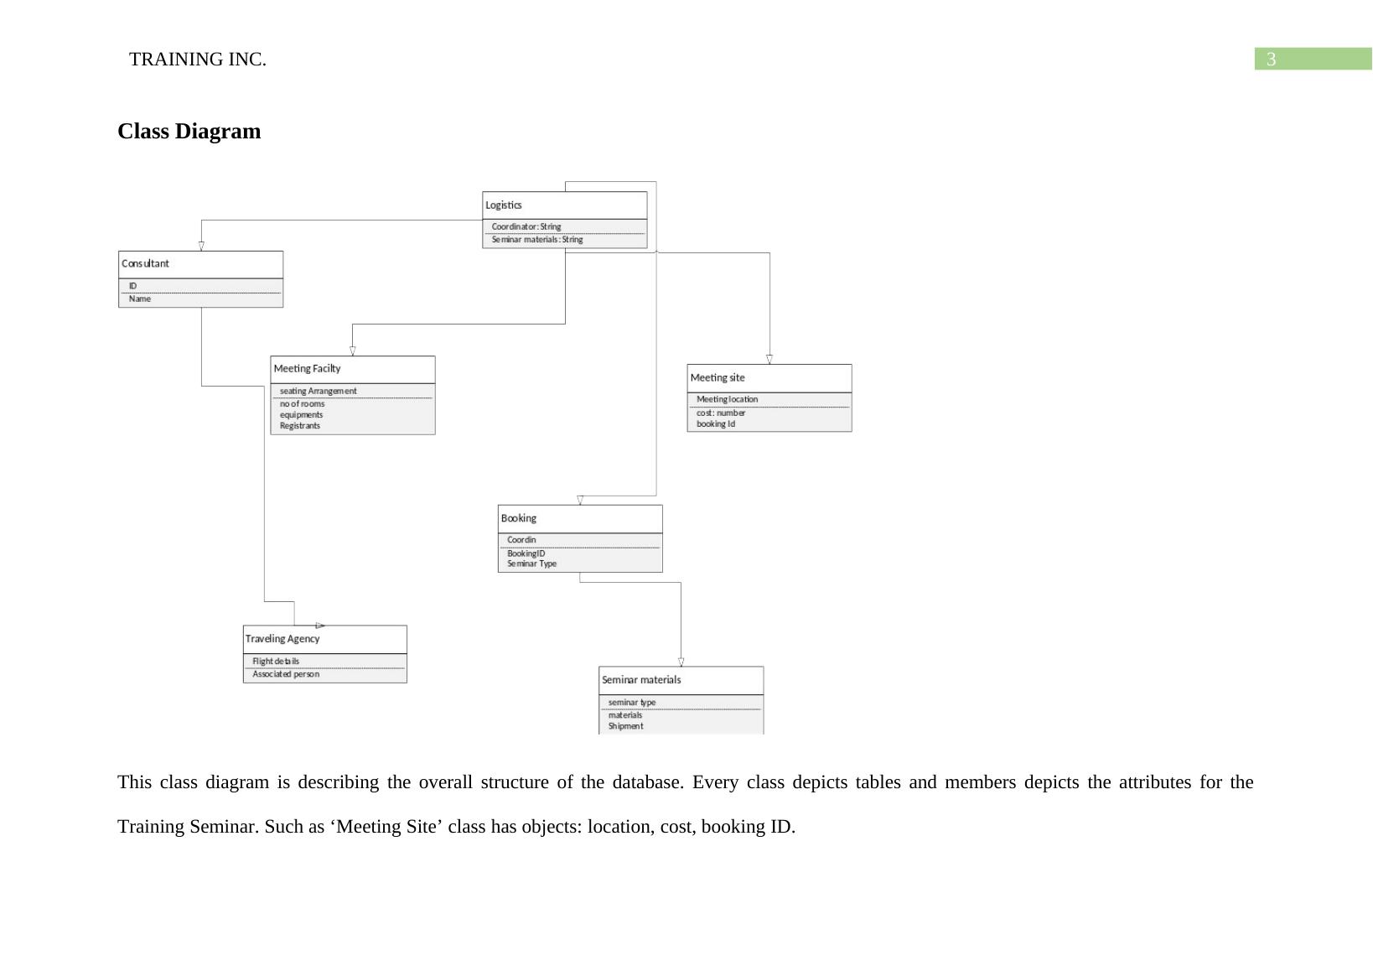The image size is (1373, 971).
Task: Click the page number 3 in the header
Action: [x=1271, y=60]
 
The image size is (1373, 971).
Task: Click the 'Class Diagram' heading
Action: [x=189, y=132]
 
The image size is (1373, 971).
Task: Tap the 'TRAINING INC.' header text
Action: [x=198, y=60]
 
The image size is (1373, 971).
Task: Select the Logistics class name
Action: [x=504, y=205]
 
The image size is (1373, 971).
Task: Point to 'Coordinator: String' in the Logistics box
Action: [x=526, y=226]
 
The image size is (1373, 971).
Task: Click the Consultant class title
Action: [x=145, y=264]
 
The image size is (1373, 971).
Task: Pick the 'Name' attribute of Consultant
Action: [x=140, y=299]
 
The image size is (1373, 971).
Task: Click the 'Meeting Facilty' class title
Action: [x=307, y=369]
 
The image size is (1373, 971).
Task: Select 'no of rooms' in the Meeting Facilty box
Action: [x=302, y=404]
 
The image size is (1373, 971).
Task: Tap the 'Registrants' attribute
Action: [x=300, y=426]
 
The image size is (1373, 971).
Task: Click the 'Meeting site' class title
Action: [x=718, y=378]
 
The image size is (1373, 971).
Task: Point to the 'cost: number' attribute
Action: [x=721, y=413]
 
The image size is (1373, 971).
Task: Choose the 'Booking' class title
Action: [x=519, y=519]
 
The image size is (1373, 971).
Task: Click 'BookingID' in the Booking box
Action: [x=526, y=553]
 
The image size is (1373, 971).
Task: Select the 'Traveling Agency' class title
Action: [x=282, y=639]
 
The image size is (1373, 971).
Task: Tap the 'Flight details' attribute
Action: [x=276, y=662]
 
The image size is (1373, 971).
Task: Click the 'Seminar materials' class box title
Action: [x=641, y=680]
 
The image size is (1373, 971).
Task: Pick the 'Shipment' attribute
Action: [x=625, y=726]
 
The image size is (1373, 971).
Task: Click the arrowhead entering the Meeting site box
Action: [x=769, y=360]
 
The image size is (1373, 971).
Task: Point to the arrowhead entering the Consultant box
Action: [x=201, y=247]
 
